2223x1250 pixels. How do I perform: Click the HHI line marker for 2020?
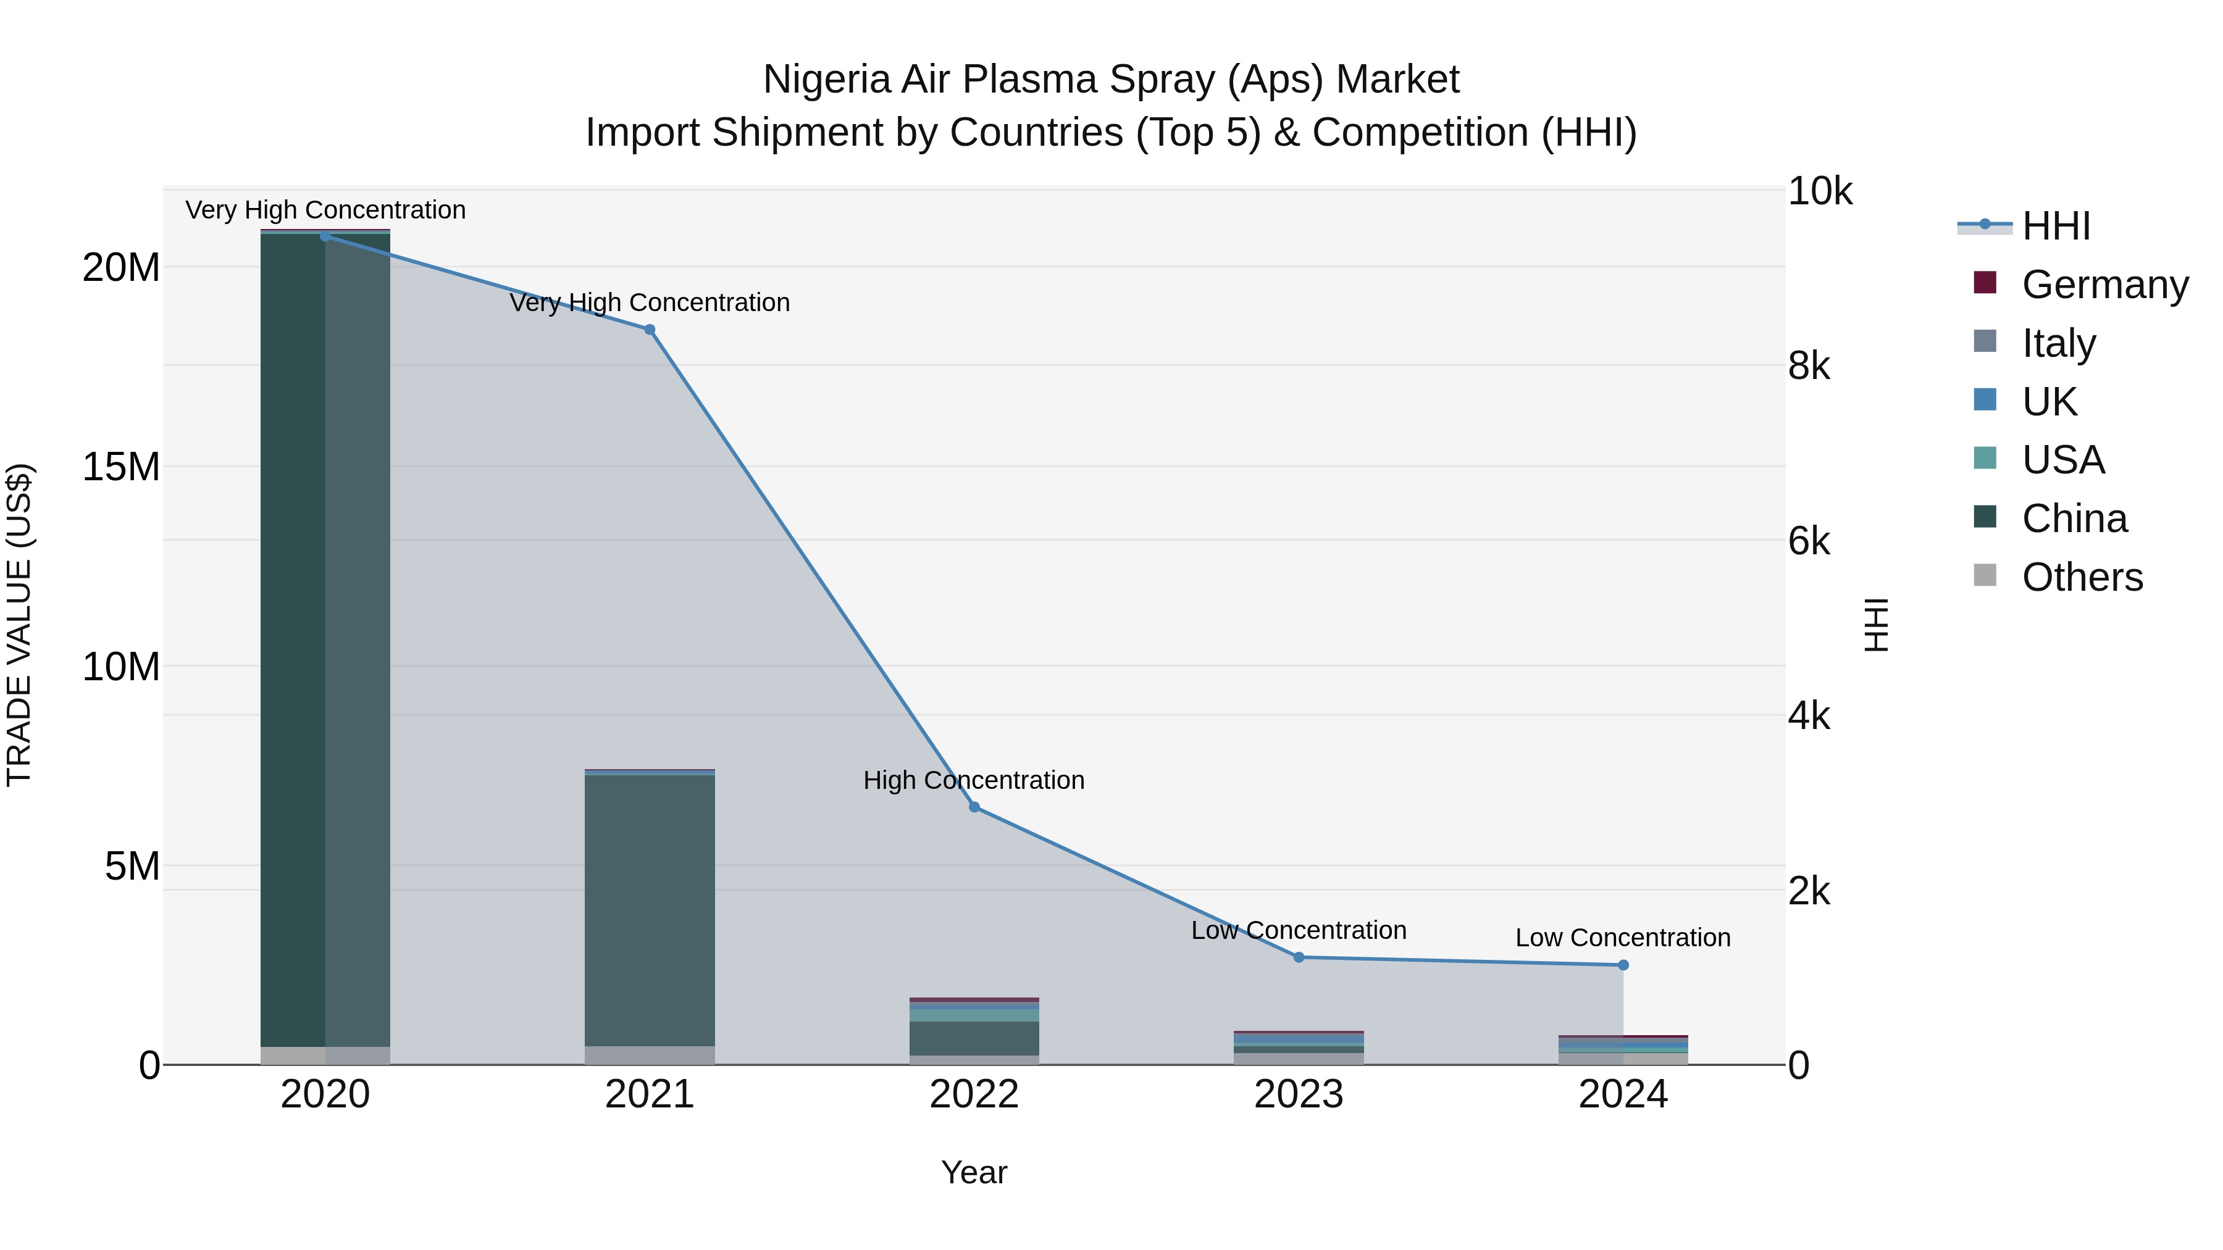click(x=325, y=236)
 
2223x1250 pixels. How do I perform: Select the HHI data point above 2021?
click(x=650, y=330)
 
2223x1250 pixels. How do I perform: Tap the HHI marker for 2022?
click(x=974, y=807)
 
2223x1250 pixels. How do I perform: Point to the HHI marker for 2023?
click(x=1299, y=957)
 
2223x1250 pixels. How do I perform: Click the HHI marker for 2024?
click(x=1623, y=965)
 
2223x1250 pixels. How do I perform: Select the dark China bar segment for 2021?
click(x=650, y=910)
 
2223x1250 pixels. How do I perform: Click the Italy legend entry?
click(x=2058, y=343)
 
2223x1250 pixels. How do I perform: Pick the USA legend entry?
click(x=2062, y=460)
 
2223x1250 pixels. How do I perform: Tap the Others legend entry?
click(x=2082, y=577)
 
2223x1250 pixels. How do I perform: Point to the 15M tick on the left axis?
click(x=121, y=467)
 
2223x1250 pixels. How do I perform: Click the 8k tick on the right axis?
click(x=1809, y=366)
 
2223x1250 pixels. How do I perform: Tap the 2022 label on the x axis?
click(x=974, y=1094)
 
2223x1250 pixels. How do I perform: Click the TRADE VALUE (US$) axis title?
click(x=19, y=625)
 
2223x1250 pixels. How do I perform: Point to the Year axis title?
click(x=974, y=1172)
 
